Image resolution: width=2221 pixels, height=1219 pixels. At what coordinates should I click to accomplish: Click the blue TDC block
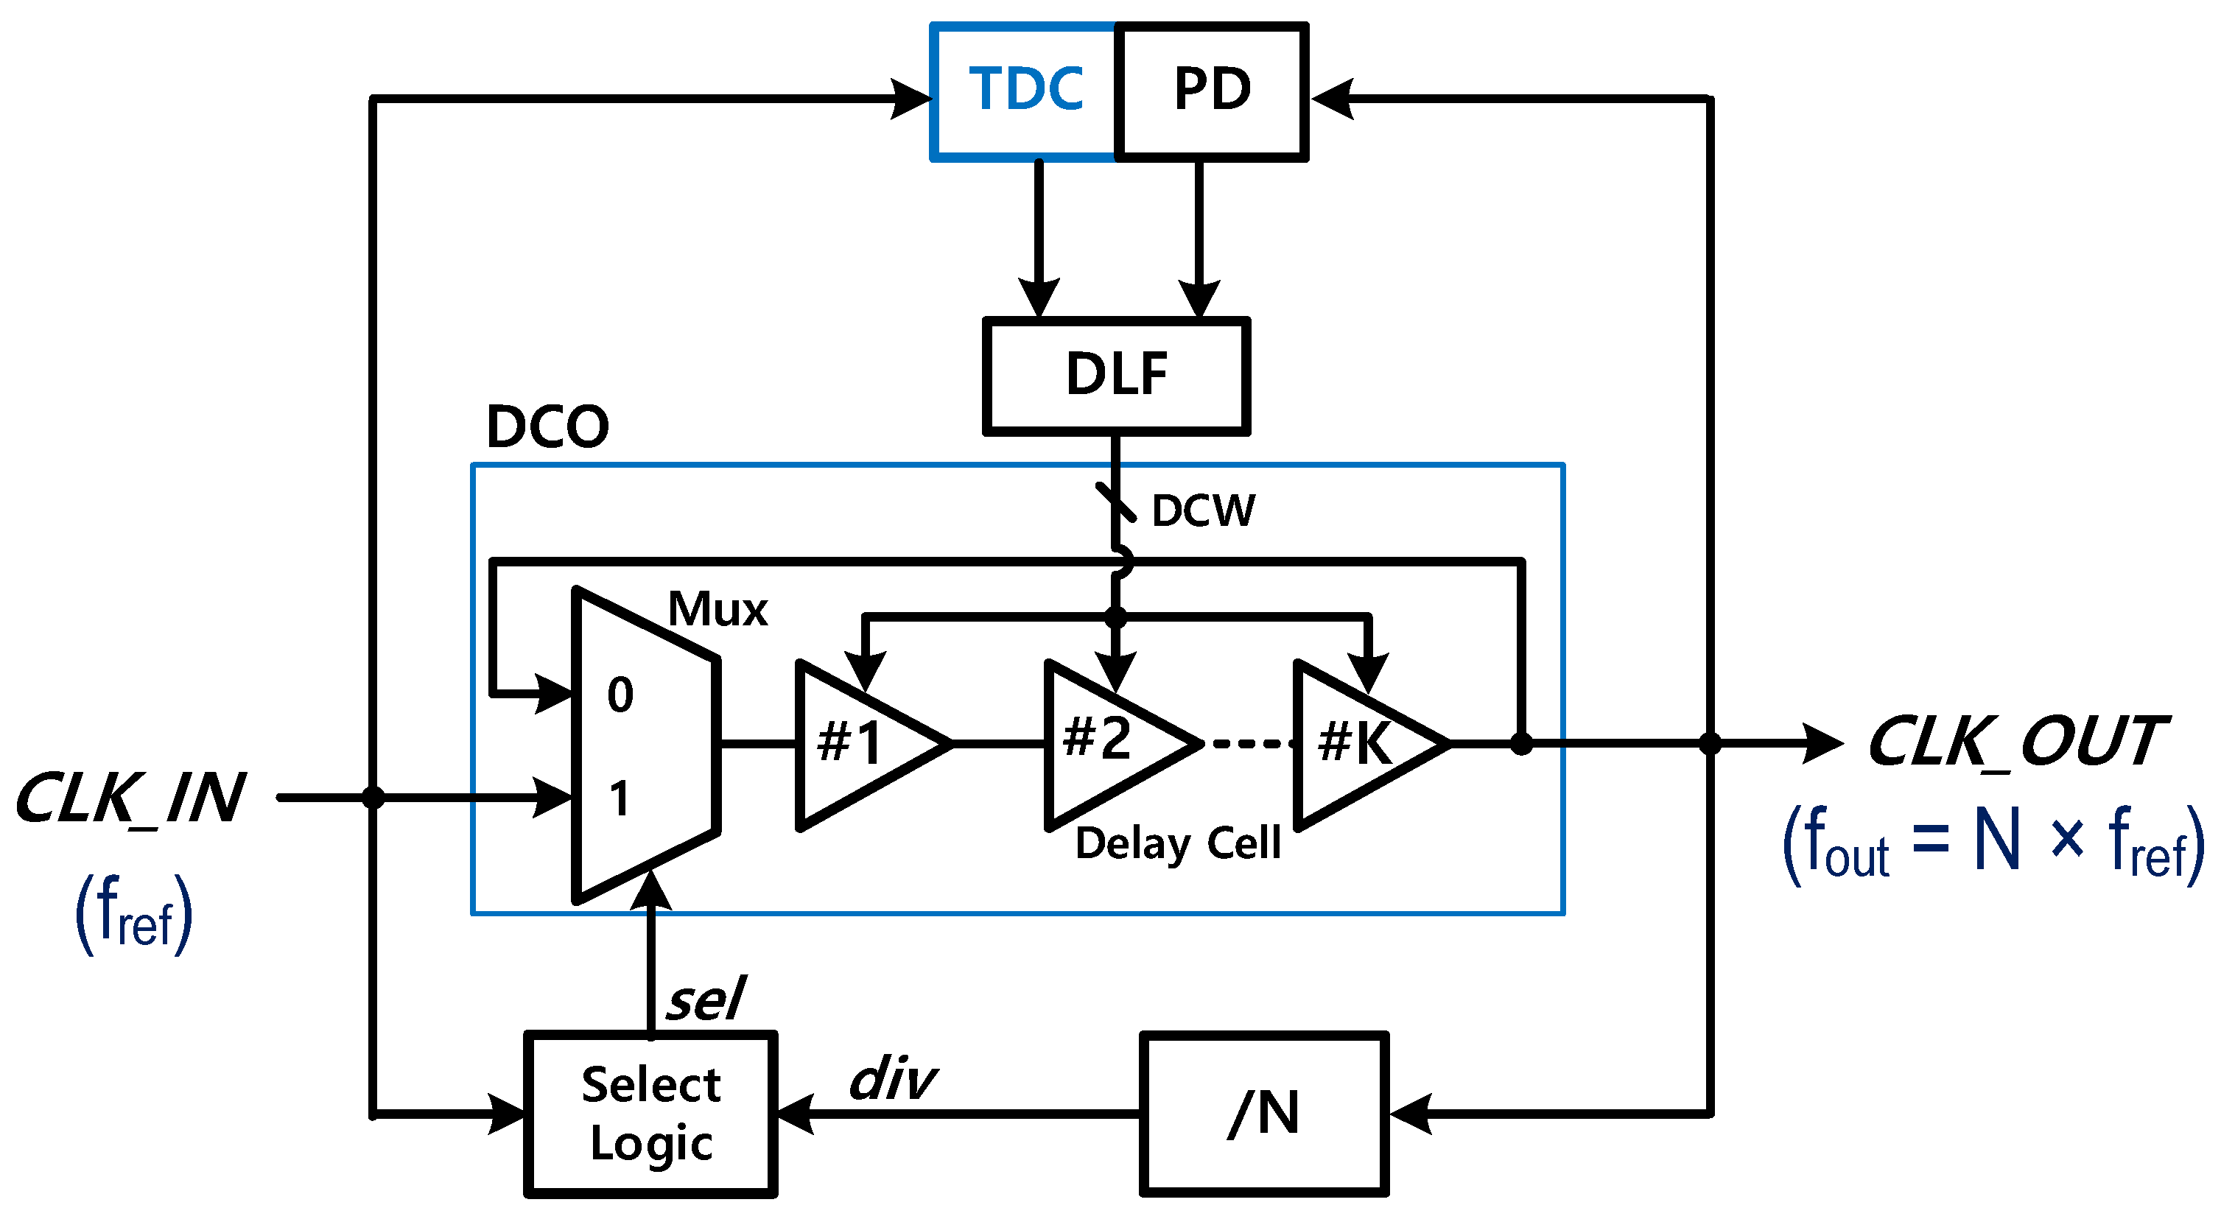(1024, 91)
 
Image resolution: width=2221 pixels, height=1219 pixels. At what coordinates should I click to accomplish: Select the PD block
(1211, 91)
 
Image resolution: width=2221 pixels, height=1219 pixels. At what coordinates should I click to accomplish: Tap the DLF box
(1116, 375)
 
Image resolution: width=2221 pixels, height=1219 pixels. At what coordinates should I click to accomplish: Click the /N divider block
(1263, 1113)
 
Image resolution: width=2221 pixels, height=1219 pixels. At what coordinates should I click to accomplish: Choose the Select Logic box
(651, 1113)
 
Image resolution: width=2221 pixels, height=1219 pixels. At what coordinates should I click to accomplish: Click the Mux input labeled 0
(620, 695)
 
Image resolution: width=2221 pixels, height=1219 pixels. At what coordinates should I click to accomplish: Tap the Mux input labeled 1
(619, 799)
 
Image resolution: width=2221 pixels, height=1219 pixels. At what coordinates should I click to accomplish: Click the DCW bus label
(1204, 511)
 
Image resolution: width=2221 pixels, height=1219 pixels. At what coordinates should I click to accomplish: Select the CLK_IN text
(131, 799)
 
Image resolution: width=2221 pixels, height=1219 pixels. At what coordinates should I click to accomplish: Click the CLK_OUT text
(2015, 742)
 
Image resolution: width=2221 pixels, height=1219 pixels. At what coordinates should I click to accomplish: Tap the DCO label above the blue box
(547, 426)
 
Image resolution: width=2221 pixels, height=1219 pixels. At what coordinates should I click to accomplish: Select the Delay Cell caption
(1178, 843)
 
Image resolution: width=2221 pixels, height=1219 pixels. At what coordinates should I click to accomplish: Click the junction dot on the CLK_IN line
(373, 798)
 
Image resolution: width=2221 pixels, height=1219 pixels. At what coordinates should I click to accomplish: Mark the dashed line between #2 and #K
(1250, 743)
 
